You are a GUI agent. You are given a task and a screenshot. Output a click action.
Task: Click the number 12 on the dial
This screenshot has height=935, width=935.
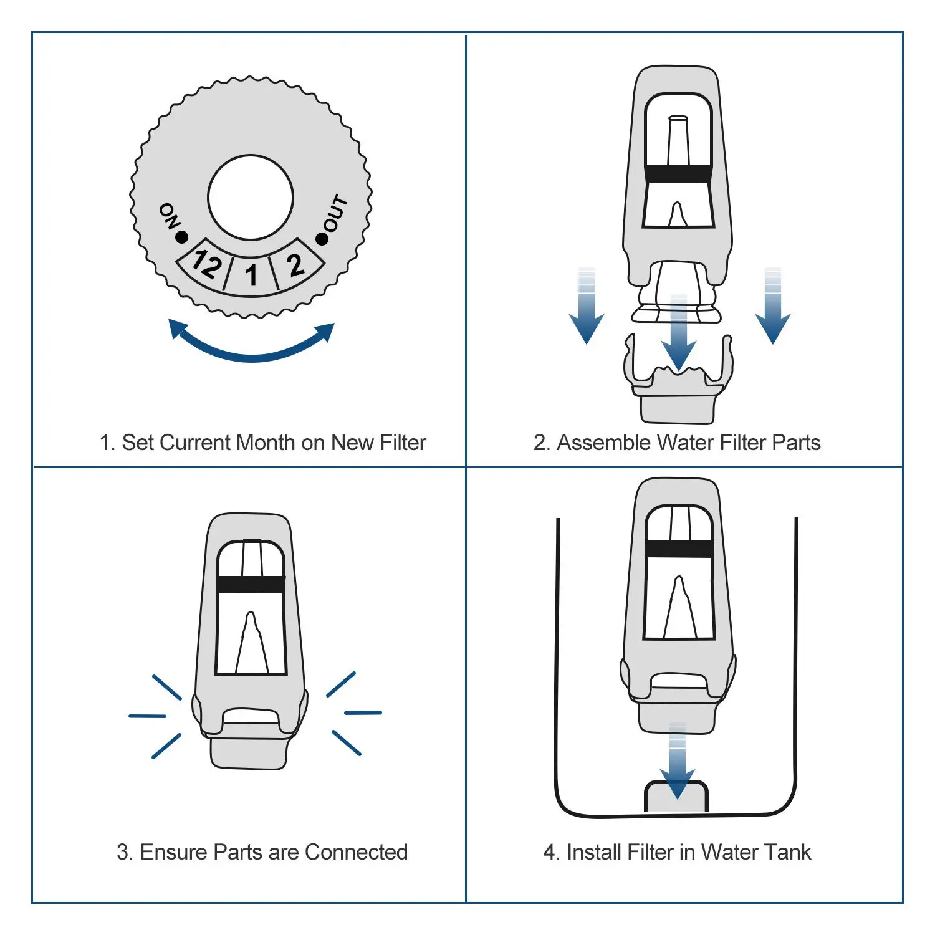point(206,263)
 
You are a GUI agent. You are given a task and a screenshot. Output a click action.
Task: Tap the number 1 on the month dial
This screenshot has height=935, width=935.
point(251,275)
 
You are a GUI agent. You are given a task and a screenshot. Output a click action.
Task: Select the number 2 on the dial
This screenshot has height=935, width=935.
point(295,265)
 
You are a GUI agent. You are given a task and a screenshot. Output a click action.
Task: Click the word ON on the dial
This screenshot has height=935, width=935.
point(169,216)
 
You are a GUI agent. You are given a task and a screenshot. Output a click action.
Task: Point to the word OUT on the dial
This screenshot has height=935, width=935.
point(335,213)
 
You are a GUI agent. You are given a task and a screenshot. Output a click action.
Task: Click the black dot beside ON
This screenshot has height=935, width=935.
point(182,237)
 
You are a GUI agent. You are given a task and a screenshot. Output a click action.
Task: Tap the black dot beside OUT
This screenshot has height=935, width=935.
point(322,238)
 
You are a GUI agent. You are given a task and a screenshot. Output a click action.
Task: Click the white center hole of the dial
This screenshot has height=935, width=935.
point(251,198)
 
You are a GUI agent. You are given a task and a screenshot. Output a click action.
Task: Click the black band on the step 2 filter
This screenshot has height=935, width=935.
point(678,173)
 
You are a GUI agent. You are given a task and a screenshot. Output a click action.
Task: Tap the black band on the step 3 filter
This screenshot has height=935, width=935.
point(251,584)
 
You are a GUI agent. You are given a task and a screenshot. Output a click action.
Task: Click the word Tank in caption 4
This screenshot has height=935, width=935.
point(787,852)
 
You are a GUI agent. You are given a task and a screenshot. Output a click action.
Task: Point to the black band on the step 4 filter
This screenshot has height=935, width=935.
point(679,549)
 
